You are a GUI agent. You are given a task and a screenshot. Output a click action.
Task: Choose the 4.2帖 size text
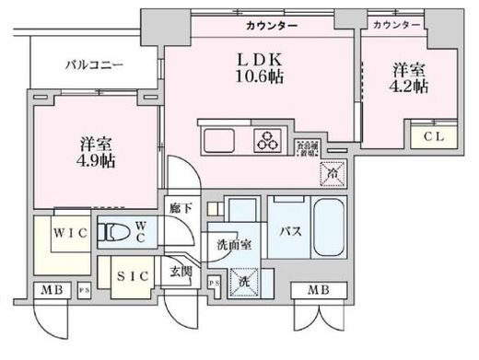tap(410, 87)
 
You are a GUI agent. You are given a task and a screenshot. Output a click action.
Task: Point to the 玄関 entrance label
tap(181, 273)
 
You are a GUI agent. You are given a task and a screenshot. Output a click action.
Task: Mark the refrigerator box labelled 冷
tap(330, 170)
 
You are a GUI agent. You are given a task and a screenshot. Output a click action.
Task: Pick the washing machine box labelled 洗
tap(243, 280)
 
